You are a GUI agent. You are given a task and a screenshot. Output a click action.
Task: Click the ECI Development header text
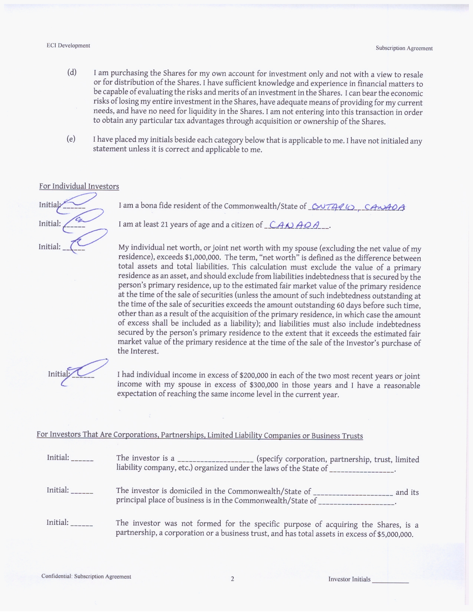pos(68,46)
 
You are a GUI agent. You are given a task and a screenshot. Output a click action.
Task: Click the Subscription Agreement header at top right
pos(404,48)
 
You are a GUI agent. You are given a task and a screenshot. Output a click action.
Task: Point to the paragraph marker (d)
pos(72,72)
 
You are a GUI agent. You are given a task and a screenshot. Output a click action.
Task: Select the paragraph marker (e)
pos(71,139)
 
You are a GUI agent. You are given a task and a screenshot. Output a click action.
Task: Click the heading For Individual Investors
pos(79,186)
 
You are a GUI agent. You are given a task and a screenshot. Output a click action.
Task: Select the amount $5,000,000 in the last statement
pos(395,534)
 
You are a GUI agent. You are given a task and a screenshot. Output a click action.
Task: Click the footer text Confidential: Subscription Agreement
pos(86,576)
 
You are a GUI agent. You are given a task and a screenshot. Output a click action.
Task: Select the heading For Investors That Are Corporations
pos(200,435)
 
